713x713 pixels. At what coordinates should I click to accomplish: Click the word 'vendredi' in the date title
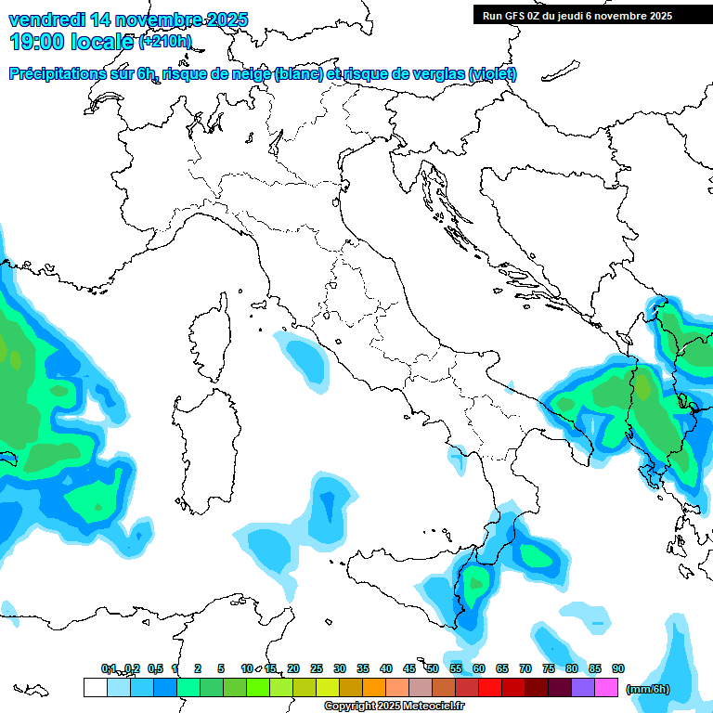45,19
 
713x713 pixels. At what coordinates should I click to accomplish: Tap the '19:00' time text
39,42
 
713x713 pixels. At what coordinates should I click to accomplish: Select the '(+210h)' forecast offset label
165,42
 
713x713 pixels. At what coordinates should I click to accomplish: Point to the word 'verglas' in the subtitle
437,74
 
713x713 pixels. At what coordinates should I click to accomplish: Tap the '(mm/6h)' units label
647,689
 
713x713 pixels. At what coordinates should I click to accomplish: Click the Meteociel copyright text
395,707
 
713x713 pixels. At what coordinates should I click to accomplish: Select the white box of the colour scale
95,688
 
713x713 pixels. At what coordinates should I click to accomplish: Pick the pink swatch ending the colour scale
606,688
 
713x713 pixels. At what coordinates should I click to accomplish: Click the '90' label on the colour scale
618,668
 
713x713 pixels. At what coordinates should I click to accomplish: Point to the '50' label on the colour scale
433,668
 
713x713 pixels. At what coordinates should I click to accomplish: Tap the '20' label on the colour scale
293,668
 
